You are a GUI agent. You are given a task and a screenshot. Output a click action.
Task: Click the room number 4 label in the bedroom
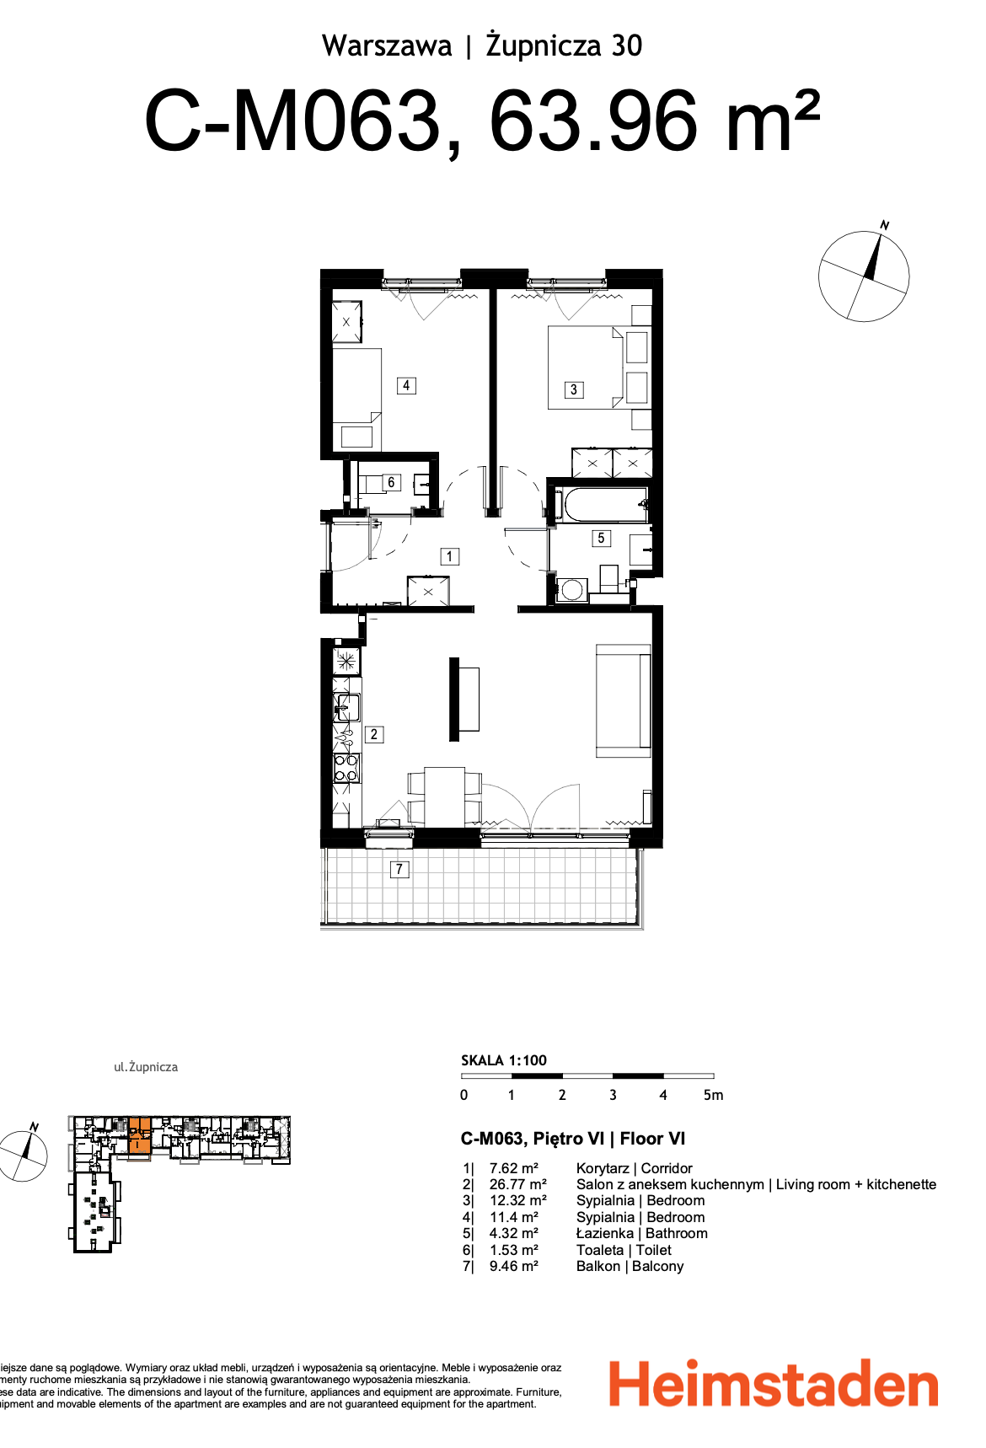pos(406,385)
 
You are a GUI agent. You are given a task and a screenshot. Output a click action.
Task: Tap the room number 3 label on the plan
pos(574,389)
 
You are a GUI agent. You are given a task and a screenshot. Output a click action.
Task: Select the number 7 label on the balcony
pos(399,869)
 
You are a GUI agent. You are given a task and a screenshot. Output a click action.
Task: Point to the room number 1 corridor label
pos(450,556)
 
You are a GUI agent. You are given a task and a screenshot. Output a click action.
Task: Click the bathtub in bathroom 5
pos(603,506)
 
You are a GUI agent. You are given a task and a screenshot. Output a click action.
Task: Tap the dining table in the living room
pos(444,796)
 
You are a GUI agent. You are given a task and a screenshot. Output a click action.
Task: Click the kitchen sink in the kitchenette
pos(347,705)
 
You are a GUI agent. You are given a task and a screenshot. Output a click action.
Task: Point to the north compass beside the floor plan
pos(865,276)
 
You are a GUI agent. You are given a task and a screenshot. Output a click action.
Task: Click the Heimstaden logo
pos(774,1384)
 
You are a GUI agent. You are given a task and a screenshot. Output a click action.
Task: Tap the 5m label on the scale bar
pos(713,1095)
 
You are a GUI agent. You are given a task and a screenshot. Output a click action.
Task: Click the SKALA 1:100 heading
pos(504,1060)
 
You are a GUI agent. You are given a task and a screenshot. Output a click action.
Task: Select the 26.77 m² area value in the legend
pos(517,1184)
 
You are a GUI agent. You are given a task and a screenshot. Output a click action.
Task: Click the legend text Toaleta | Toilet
pos(624,1250)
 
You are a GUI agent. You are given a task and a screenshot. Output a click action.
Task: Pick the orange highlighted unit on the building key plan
pos(139,1134)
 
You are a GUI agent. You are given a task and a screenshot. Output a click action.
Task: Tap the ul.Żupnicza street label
pos(146,1067)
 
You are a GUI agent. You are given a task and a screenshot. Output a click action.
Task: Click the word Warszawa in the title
pos(387,46)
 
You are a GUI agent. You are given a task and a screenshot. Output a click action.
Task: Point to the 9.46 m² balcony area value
pos(513,1266)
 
